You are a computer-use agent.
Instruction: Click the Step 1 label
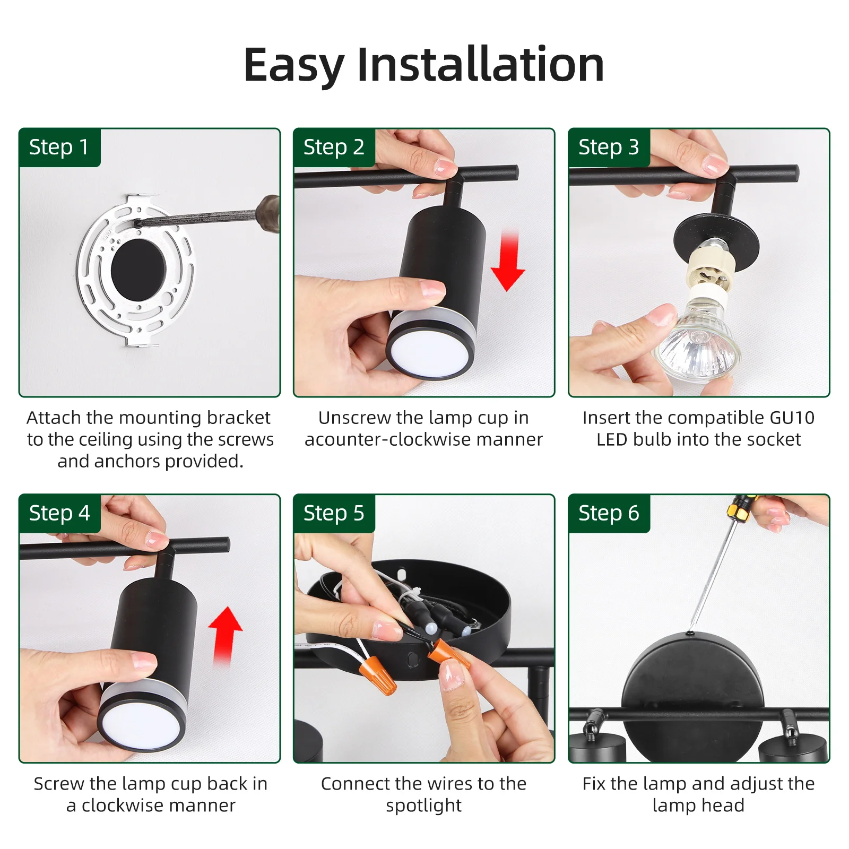pos(59,147)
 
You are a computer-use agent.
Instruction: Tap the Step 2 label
pos(334,147)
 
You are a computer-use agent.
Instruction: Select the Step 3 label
pos(609,147)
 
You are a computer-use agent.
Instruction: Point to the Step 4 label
pos(59,513)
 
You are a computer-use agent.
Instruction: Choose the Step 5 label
pos(334,513)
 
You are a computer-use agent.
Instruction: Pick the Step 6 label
pos(609,513)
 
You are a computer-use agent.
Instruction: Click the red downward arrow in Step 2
pos(508,261)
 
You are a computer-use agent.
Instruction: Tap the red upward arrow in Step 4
pos(225,636)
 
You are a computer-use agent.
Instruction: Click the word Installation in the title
pos(481,65)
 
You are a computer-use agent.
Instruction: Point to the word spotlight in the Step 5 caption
pos(423,806)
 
